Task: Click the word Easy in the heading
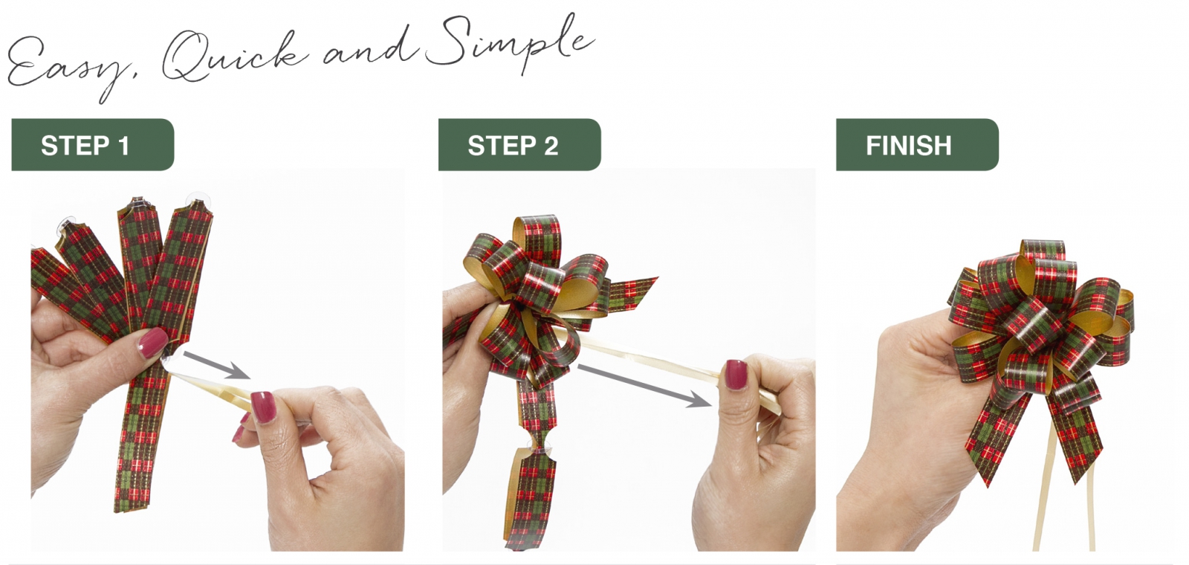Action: point(69,66)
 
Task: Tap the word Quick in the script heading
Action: point(233,56)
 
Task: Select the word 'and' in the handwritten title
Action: point(368,51)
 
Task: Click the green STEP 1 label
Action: point(93,144)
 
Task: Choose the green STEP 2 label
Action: point(519,144)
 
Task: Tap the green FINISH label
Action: point(917,144)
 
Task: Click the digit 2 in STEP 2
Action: point(551,146)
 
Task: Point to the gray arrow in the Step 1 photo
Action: point(216,365)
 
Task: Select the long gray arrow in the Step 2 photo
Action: point(644,386)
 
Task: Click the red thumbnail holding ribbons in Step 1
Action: point(153,343)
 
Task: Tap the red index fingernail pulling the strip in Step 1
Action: point(263,407)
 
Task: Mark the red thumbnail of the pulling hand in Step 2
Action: point(736,375)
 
